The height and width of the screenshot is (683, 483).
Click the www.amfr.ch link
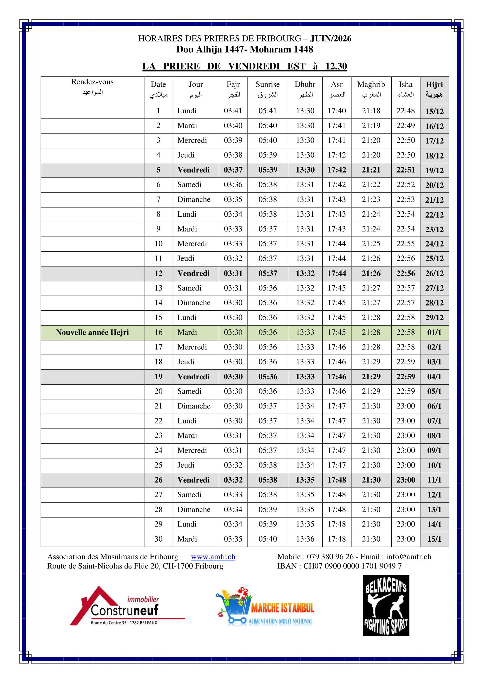[213, 557]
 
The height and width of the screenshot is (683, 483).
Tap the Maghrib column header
[371, 89]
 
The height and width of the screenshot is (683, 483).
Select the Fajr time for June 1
[233, 111]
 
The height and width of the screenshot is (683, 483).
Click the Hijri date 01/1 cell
[434, 332]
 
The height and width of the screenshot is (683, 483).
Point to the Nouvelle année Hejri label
[92, 332]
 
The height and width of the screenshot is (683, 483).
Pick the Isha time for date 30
[405, 539]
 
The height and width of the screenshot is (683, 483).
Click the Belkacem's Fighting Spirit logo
[386, 606]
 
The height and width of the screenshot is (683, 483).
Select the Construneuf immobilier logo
[127, 607]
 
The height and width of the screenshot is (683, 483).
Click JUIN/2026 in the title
[331, 38]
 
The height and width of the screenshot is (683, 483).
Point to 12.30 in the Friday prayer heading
[336, 66]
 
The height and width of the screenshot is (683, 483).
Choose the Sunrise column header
[267, 89]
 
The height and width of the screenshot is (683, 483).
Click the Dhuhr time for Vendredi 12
[305, 273]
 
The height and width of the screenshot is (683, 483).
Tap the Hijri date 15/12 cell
[434, 111]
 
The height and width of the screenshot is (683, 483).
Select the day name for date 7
[194, 199]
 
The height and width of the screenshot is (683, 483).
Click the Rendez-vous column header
[92, 86]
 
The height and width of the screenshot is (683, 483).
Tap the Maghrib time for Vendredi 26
[371, 480]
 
